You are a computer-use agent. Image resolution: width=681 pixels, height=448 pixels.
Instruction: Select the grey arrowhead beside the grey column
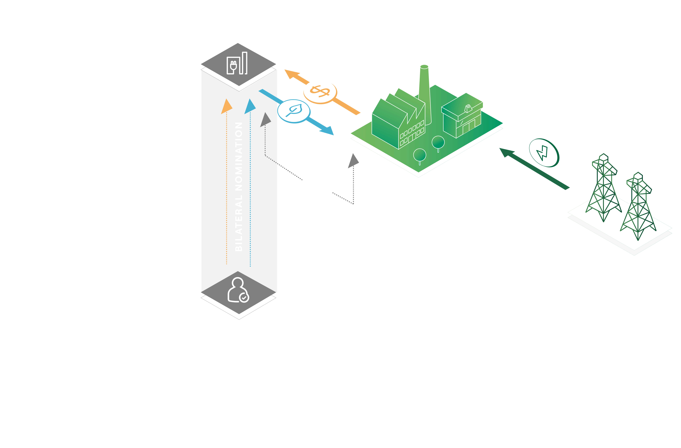266,120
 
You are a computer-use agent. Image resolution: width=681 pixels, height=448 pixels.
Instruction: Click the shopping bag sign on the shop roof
468,109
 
